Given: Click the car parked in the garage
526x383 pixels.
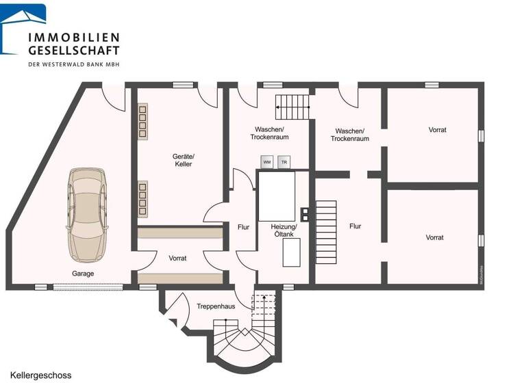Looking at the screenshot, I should (x=87, y=214).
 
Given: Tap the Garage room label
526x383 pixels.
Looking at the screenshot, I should (x=84, y=274).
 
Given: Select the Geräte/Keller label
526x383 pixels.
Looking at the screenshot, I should (x=183, y=160).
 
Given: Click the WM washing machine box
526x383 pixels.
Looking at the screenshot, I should (x=267, y=162).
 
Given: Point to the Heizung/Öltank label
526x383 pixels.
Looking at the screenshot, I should (x=284, y=230).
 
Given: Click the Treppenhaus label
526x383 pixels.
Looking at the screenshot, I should (x=216, y=306).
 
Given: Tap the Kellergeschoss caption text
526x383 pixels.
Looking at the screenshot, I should (x=40, y=375).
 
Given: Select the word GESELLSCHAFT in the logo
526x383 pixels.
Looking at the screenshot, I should (x=73, y=50).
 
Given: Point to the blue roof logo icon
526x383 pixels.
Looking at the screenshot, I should (x=23, y=27).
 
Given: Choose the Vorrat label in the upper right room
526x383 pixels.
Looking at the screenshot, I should (x=437, y=130).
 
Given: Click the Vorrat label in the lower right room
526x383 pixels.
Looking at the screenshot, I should (x=434, y=237).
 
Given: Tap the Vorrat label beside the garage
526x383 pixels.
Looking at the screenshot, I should (x=177, y=259).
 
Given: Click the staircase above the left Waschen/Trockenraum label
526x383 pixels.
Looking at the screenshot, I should (x=292, y=107).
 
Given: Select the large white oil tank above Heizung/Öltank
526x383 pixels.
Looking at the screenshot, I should (x=277, y=196).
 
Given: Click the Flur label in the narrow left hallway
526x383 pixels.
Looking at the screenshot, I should (x=243, y=227).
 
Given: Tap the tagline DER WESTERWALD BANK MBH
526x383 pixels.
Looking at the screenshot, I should (x=74, y=64).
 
